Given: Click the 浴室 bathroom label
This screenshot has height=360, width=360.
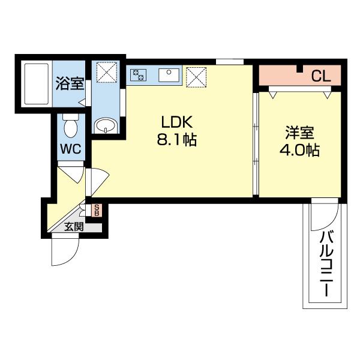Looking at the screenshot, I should tap(70, 83).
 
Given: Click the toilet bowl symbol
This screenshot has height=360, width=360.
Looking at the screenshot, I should tap(70, 127).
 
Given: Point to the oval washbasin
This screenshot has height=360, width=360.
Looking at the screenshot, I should tap(107, 125).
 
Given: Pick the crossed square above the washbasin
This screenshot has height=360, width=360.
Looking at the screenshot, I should tap(107, 74).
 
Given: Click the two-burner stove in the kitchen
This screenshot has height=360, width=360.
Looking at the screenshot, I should tap(139, 75).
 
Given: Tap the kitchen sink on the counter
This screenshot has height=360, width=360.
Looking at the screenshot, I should tap(167, 75).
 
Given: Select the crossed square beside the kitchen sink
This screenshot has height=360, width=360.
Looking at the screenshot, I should tap(196, 76).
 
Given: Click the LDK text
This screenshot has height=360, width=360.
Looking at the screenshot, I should tap(175, 122).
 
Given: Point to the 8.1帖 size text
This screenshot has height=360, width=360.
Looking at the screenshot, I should tap(175, 142).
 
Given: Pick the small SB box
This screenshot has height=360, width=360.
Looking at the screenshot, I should tap(97, 211).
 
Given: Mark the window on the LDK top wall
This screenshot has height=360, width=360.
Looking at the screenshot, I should tap(229, 61).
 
